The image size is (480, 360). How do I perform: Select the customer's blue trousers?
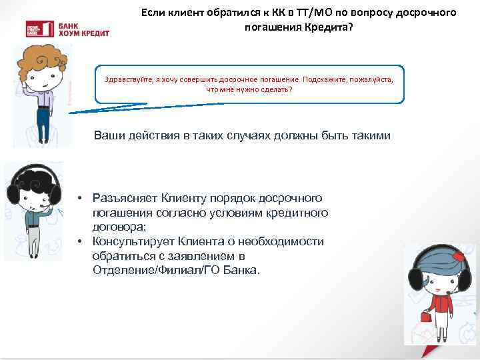[x=43, y=125]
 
